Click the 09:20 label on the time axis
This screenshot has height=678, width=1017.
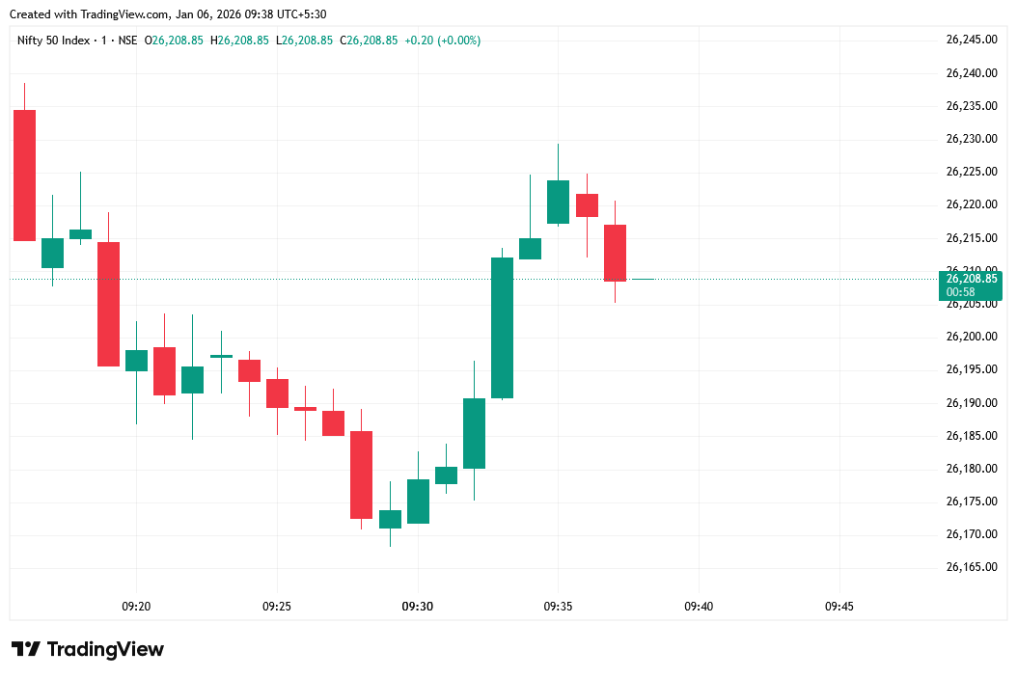[136, 607]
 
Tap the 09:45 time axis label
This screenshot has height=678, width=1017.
[838, 607]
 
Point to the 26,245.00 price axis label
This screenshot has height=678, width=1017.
[971, 40]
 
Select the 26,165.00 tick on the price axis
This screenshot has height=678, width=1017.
[971, 567]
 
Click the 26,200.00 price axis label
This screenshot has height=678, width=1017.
[971, 337]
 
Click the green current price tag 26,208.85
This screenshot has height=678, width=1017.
[970, 279]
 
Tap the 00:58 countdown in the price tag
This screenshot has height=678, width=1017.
[960, 292]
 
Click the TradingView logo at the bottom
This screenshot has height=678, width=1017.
[88, 649]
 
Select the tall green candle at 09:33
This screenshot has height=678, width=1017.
[502, 328]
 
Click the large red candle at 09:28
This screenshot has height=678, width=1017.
[361, 475]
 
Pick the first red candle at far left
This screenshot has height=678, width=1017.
[24, 176]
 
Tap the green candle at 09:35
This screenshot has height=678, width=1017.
[558, 202]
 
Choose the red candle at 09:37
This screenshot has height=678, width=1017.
[615, 253]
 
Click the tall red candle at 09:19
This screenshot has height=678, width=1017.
[108, 304]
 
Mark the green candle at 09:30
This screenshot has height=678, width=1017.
[418, 502]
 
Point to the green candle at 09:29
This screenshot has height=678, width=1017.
[390, 519]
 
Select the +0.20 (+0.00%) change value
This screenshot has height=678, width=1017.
[442, 41]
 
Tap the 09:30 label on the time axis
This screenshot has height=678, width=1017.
[417, 607]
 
